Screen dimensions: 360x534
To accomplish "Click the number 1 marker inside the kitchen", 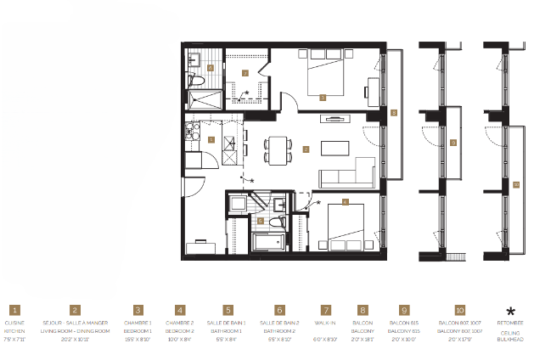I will (211, 138).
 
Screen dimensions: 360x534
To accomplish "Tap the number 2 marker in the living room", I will (306, 149).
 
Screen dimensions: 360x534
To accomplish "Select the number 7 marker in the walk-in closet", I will (245, 73).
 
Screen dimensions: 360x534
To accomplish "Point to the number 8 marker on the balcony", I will (394, 111).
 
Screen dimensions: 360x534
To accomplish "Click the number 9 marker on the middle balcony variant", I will (453, 142).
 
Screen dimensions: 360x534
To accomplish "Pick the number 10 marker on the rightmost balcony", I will (515, 183).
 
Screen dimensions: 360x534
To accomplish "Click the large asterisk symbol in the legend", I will (510, 312).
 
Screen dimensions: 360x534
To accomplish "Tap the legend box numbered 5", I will (228, 312).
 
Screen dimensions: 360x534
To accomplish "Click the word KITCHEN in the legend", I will (15, 331).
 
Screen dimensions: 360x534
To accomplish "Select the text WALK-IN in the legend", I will (326, 323).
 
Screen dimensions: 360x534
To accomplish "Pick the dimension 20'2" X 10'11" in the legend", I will (76, 339).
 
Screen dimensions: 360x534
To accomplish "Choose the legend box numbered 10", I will (459, 312).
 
